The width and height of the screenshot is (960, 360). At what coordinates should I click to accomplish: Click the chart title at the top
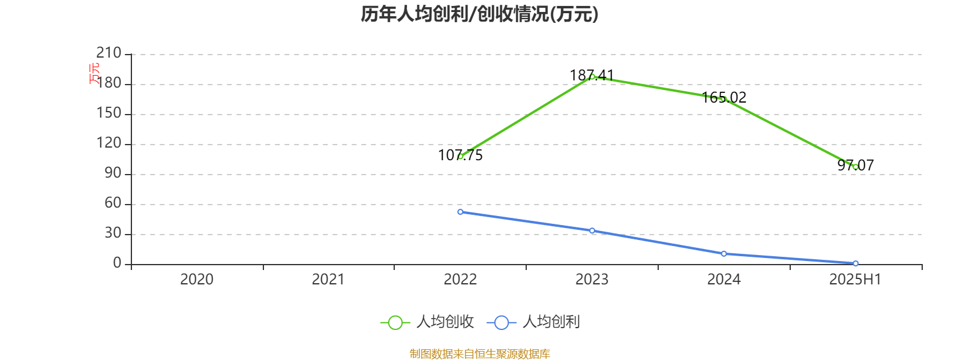click(x=479, y=14)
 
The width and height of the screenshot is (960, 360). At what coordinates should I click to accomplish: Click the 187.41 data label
click(x=592, y=75)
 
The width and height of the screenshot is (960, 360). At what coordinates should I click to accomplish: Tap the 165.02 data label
click(x=724, y=97)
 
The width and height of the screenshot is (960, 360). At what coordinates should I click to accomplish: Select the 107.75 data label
click(x=460, y=155)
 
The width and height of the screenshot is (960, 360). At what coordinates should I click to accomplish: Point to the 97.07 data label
click(x=856, y=165)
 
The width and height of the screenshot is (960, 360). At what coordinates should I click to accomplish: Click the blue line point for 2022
click(x=460, y=212)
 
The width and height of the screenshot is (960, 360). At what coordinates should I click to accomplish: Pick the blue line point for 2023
click(x=592, y=230)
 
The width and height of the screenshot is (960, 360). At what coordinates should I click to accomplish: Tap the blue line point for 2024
click(x=724, y=254)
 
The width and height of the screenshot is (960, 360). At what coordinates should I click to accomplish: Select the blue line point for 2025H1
click(x=856, y=263)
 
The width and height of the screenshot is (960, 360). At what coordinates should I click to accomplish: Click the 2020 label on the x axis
click(x=197, y=279)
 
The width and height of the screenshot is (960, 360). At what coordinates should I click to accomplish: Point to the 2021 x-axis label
click(x=328, y=279)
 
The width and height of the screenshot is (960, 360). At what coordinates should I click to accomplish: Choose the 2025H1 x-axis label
click(x=855, y=279)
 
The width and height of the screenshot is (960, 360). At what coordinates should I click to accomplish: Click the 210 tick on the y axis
click(x=109, y=53)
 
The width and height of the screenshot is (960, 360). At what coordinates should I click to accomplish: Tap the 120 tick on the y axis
click(x=109, y=143)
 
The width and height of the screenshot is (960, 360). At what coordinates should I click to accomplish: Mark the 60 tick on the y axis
click(x=113, y=203)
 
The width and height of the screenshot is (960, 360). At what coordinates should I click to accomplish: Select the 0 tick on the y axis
click(x=117, y=263)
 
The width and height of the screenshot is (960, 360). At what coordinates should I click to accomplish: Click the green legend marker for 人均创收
click(x=395, y=323)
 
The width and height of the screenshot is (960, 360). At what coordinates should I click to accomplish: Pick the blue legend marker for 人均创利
click(x=501, y=323)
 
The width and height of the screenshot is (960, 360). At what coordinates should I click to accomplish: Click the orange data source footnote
click(x=479, y=354)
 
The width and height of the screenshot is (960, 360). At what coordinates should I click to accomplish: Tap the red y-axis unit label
click(x=94, y=73)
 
